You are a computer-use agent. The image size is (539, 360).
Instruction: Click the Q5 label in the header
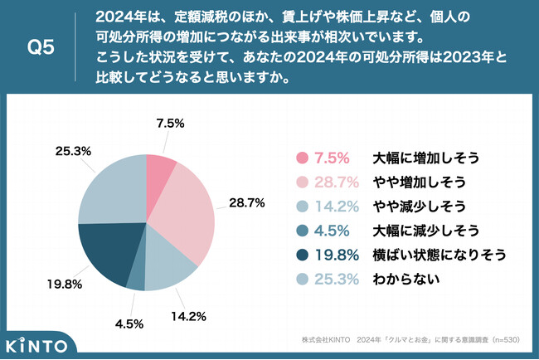[41, 48]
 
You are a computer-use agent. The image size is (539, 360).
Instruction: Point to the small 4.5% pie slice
[136, 275]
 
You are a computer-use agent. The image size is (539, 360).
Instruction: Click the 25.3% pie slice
[112, 187]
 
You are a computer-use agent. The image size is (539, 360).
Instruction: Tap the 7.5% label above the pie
[169, 123]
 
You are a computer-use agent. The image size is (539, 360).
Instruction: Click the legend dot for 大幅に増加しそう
[303, 158]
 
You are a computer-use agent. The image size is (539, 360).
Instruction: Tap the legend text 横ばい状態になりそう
[436, 254]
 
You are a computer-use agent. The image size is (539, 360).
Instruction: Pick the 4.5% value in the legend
[332, 230]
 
